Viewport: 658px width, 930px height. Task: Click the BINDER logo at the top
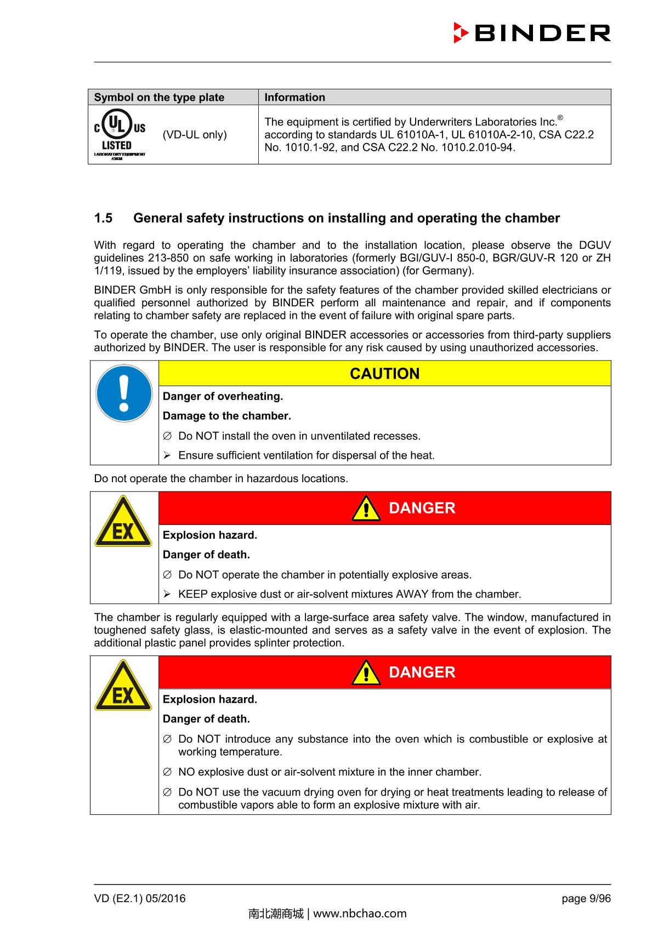pyautogui.click(x=532, y=33)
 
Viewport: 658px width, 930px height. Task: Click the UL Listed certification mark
pyautogui.click(x=120, y=135)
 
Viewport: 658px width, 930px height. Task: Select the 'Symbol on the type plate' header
pyautogui.click(x=159, y=98)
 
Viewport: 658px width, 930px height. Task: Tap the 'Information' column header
pyautogui.click(x=294, y=98)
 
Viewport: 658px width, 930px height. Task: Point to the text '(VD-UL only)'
pyautogui.click(x=195, y=135)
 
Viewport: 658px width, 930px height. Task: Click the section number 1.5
pyautogui.click(x=103, y=218)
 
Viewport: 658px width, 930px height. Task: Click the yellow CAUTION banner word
pyautogui.click(x=384, y=374)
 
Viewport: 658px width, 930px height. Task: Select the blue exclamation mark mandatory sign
pyautogui.click(x=124, y=393)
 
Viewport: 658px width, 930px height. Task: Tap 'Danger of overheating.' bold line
pyautogui.click(x=223, y=396)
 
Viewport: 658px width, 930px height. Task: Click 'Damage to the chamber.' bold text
pyautogui.click(x=226, y=416)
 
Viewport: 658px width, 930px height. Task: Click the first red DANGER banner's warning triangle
pyautogui.click(x=366, y=509)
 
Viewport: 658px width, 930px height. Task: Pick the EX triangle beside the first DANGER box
pyautogui.click(x=123, y=523)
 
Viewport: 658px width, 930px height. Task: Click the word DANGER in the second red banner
pyautogui.click(x=422, y=672)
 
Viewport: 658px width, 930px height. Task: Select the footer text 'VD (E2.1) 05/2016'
pyautogui.click(x=140, y=899)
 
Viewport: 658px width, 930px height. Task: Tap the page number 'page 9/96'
pyautogui.click(x=586, y=899)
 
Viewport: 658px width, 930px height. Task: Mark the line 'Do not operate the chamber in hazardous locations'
pyautogui.click(x=221, y=478)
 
